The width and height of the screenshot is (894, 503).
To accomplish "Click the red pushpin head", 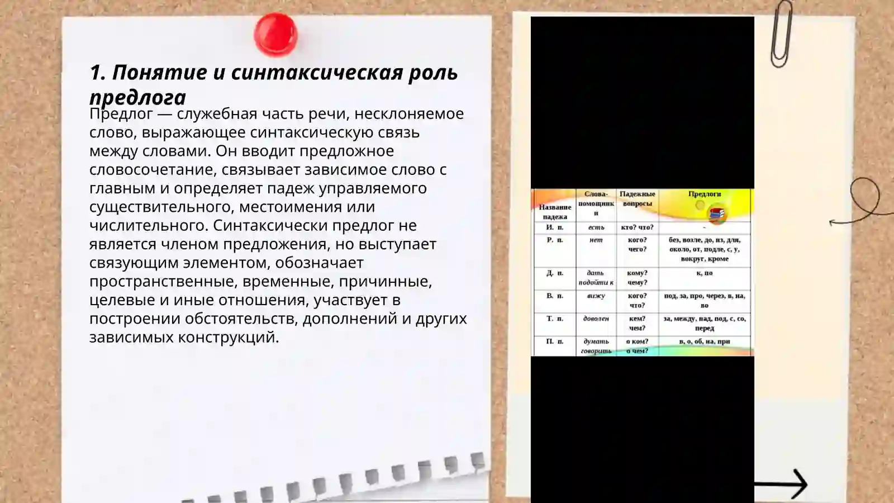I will (275, 34).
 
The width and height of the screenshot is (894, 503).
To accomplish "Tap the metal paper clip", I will (781, 34).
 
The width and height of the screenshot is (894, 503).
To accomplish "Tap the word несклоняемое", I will (408, 113).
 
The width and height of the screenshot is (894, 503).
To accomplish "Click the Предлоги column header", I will (704, 194).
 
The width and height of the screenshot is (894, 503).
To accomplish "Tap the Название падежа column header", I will (555, 211).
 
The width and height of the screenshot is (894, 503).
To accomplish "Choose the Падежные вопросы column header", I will (637, 198).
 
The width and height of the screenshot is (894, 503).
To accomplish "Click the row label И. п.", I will (555, 227).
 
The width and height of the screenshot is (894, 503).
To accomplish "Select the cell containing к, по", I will (704, 273).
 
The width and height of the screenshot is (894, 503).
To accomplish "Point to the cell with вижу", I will (596, 296).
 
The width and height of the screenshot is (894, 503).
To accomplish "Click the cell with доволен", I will (596, 319).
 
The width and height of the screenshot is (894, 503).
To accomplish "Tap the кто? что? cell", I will (637, 227).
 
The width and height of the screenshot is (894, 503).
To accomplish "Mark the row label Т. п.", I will (555, 319).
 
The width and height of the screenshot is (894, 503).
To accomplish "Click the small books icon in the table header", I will (717, 213).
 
